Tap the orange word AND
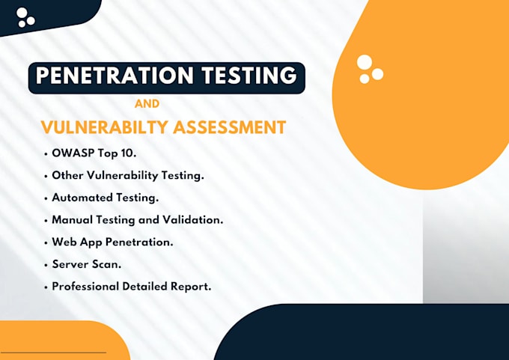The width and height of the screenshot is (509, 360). coord(146,104)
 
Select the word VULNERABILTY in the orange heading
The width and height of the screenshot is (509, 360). coord(104,126)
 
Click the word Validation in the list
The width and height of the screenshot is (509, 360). coord(192,220)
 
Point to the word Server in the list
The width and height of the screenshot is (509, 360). coord(70,264)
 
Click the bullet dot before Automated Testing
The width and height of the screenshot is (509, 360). coord(46,198)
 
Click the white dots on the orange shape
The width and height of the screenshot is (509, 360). coord(369,69)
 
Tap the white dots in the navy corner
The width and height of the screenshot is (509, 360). coord(25,17)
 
